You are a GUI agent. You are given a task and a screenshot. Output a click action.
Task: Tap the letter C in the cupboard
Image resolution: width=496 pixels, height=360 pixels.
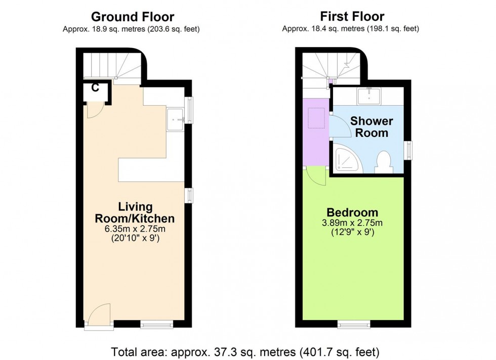click(95, 87)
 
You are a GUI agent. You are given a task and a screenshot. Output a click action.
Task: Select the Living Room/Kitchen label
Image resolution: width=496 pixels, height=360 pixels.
click(135, 213)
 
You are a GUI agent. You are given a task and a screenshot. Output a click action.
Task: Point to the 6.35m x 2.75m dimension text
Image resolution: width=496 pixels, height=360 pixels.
click(135, 229)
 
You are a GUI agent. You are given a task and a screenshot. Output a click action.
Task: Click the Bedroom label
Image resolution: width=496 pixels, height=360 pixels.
click(352, 212)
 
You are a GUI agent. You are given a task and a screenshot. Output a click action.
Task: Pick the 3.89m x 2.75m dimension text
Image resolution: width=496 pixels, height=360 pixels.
click(352, 223)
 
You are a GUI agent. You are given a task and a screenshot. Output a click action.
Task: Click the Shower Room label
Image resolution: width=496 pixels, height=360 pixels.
click(371, 127)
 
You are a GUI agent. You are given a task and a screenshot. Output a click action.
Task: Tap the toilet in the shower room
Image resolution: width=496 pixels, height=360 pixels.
click(383, 160)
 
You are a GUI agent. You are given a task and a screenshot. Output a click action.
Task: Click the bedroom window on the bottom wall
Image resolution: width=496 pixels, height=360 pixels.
click(354, 324)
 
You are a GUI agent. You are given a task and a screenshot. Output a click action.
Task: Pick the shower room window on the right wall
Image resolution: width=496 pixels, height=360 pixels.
click(408, 150)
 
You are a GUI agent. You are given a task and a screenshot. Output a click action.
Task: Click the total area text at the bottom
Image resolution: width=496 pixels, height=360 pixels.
click(245, 350)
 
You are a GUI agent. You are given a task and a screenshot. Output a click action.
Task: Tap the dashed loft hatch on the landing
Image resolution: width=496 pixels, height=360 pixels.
click(317, 118)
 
